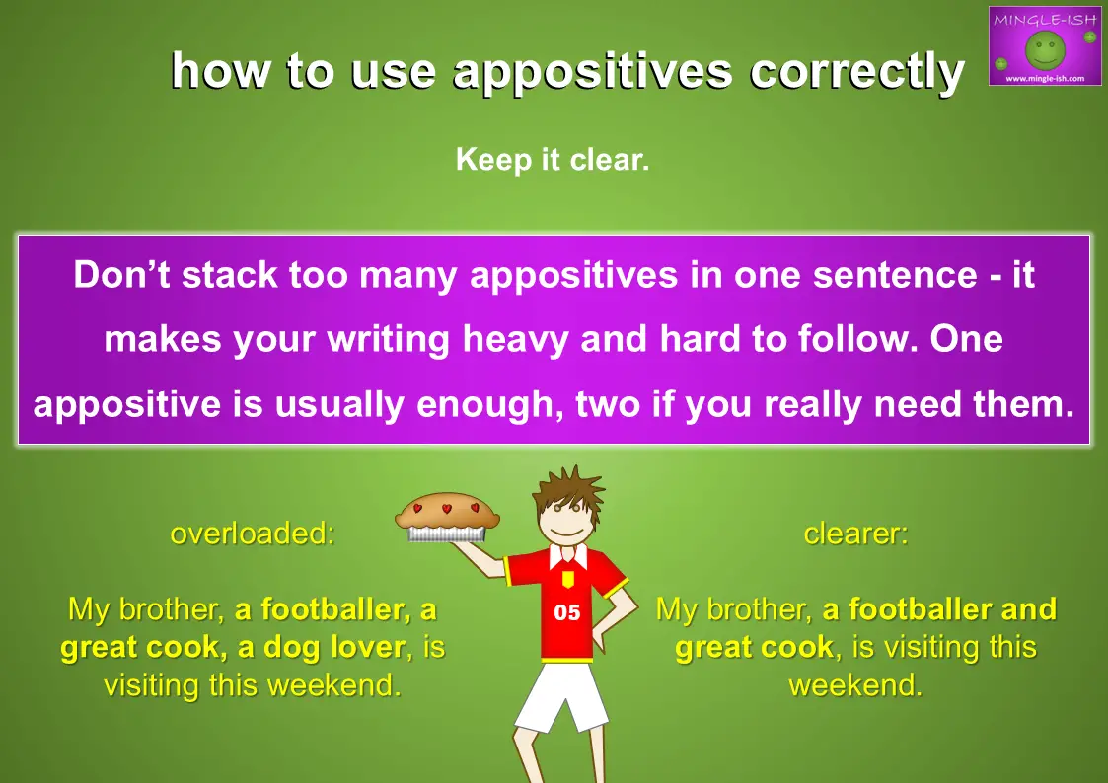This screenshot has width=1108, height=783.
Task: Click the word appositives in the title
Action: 592,72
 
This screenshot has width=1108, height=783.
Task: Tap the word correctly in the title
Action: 857,72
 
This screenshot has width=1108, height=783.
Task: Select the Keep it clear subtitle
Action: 553,159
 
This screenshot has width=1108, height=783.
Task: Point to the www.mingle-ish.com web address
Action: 1045,78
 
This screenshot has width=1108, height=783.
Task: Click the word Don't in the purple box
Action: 121,274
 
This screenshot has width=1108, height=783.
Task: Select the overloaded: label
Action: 253,534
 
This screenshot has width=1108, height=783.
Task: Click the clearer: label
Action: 855,534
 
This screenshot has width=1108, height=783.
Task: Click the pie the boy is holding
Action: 447,517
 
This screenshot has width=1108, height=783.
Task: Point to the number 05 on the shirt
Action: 566,612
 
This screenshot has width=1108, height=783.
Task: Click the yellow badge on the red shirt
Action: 566,580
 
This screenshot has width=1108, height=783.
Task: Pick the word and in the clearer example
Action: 1029,609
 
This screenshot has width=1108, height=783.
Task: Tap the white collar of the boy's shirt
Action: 568,555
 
